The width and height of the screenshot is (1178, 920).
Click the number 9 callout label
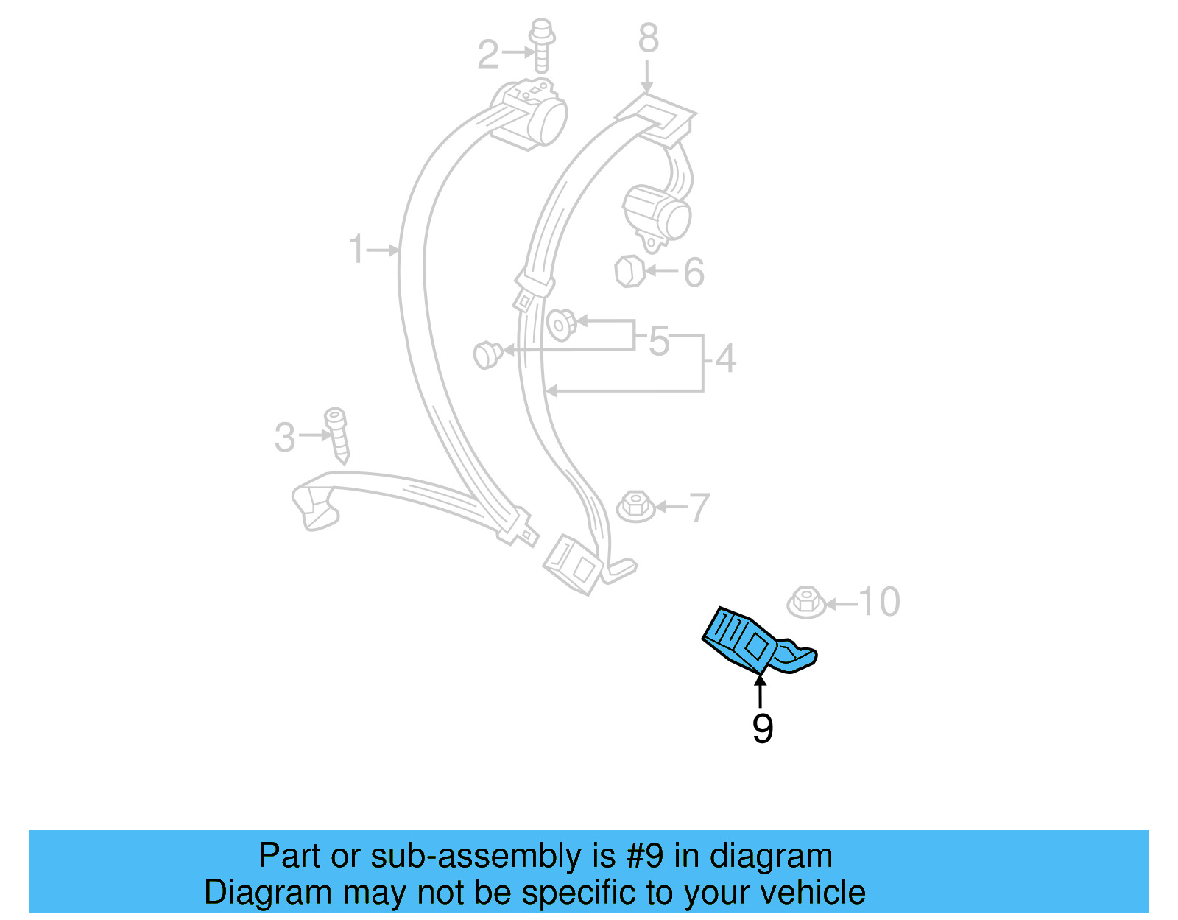[763, 728]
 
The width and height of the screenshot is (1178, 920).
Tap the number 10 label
[879, 602]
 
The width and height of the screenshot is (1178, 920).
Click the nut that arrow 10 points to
[806, 603]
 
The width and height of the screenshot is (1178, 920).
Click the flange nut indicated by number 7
[635, 507]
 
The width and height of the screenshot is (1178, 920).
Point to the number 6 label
[694, 273]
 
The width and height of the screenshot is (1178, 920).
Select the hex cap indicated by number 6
[629, 271]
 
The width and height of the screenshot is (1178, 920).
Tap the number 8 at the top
[648, 38]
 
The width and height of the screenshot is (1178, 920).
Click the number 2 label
[488, 55]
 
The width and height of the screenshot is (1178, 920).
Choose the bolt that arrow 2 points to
[542, 44]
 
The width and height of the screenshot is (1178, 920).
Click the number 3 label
[285, 438]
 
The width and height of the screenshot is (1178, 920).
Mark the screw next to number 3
[337, 435]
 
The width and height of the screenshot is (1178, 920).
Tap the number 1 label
[356, 250]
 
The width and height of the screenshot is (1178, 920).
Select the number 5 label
[659, 341]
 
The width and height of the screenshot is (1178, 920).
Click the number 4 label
[726, 359]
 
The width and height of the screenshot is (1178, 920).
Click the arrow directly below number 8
[647, 77]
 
